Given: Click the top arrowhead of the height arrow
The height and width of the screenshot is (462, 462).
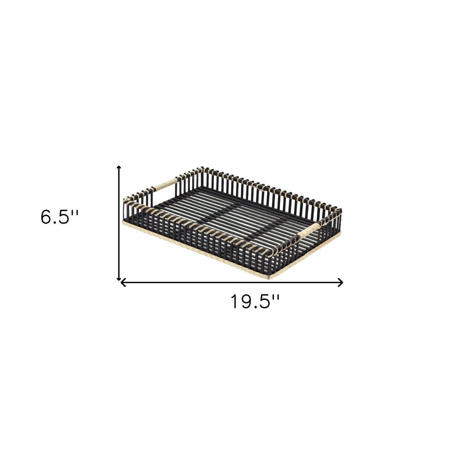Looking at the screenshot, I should pos(119,167).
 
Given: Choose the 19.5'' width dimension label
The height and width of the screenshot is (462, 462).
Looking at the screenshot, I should pos(255,302).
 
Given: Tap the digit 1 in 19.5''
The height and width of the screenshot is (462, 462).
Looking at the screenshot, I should pos(235,302).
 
